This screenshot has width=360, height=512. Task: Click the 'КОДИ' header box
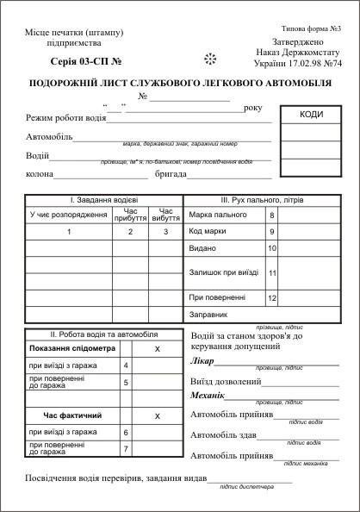(312, 115)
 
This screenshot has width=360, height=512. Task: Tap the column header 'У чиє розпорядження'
(68, 215)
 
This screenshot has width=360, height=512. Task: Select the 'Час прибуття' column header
(130, 215)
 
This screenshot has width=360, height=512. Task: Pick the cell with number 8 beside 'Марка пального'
(272, 214)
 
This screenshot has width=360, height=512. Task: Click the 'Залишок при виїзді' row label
(223, 272)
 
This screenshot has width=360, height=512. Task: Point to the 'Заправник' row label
(208, 315)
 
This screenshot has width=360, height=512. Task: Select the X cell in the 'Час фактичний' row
(157, 415)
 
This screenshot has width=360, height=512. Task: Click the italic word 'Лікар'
(201, 361)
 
